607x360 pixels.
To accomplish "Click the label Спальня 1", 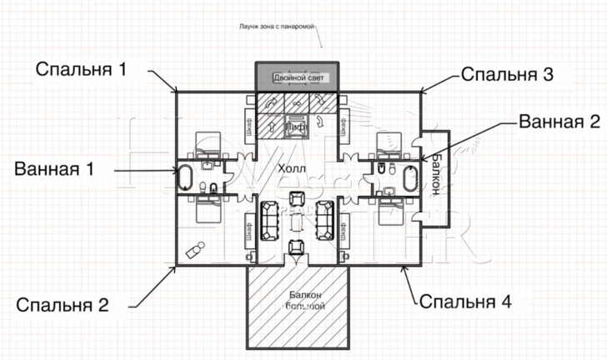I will pyautogui.click(x=81, y=68).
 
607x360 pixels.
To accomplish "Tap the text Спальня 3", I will pyautogui.click(x=506, y=75).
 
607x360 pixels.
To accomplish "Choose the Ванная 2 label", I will pyautogui.click(x=559, y=122).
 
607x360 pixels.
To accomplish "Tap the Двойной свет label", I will pyautogui.click(x=298, y=77).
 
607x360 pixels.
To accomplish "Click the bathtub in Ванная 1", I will pyautogui.click(x=186, y=178).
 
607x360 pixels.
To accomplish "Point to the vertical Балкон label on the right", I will pyautogui.click(x=435, y=175).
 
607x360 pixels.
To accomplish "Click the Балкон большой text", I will pyautogui.click(x=298, y=301).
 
